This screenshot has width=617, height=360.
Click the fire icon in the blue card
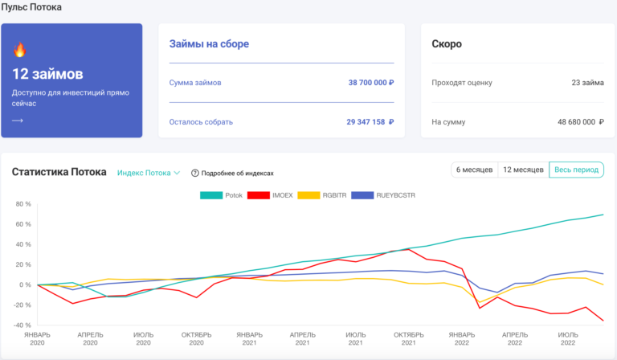point(19,50)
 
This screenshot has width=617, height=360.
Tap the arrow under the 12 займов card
point(18,121)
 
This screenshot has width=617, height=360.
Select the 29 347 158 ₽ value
point(366,122)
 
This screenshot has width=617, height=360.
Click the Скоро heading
point(447,44)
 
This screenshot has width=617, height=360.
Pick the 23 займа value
point(587,83)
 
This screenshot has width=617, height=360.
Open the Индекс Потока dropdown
point(148,172)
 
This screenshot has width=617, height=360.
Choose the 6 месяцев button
point(475,170)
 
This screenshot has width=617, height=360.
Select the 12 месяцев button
point(523,170)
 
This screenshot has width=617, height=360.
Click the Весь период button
point(576,170)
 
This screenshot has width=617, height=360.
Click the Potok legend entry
point(222,195)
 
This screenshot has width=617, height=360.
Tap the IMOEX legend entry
point(272,195)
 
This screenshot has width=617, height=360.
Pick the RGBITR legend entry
point(323,195)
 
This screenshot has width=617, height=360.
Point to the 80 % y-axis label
point(22,204)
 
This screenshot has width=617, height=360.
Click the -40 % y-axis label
point(22,325)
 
